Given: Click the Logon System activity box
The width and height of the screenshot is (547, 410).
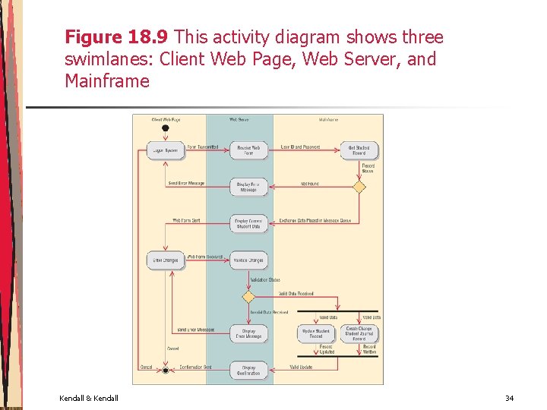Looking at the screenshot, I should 165,150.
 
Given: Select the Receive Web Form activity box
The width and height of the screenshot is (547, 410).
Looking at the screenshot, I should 248,150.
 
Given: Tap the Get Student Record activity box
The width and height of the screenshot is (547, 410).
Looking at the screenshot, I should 359,150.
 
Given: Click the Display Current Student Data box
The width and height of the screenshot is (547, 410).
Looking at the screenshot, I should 248,223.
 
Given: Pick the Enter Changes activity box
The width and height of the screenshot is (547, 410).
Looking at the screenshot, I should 165,260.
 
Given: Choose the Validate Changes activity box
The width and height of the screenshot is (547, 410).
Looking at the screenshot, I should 248,260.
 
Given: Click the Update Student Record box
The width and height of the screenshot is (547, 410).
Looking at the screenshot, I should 315,333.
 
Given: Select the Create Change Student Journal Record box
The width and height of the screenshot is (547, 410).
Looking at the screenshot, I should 359,333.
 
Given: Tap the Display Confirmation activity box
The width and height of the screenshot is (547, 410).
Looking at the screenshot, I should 248,370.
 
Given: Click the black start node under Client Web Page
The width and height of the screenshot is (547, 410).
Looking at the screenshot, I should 165,128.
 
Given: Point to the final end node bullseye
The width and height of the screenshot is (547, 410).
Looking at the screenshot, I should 165,370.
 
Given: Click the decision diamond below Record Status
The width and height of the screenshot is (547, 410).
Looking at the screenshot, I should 359,187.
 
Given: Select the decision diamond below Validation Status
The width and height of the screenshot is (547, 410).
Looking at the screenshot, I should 248,297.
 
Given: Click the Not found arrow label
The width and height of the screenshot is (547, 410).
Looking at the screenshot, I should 309,184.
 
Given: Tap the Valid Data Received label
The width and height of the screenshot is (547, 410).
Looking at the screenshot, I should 296,293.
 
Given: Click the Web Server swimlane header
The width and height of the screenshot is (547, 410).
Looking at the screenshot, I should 239,119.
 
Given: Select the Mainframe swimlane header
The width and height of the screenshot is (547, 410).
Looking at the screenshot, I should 328,119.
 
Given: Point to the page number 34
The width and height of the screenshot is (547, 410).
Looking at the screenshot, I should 509,399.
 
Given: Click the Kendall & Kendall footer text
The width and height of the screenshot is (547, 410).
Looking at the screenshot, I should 88,399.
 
